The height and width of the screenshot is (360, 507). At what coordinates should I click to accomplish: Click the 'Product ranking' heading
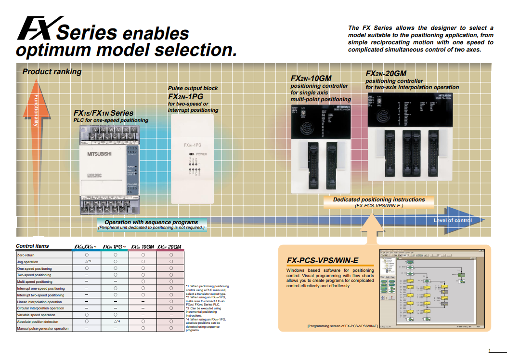(52, 72)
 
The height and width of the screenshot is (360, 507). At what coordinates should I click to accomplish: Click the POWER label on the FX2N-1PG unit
(201, 154)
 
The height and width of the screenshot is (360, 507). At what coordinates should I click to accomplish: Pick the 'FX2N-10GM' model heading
(311, 79)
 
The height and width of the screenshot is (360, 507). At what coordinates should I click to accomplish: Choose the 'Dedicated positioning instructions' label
(379, 200)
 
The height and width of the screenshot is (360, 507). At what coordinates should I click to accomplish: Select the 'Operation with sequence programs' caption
(151, 222)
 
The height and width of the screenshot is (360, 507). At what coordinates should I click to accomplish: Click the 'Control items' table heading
(32, 246)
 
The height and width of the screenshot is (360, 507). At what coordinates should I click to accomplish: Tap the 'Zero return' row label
(26, 255)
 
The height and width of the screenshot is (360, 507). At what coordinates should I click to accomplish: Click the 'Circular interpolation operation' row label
(40, 308)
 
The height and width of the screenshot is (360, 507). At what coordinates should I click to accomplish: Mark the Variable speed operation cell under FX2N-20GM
(171, 315)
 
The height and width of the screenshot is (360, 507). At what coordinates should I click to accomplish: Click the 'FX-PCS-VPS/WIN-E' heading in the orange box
(323, 261)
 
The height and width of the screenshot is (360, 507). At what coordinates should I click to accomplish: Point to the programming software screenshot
(431, 289)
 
